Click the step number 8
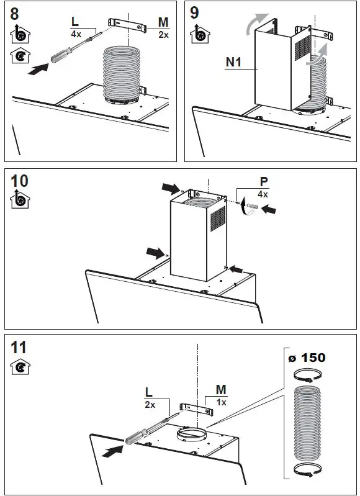click(x=14, y=14)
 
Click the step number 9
click(x=194, y=12)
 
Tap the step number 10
click(x=19, y=181)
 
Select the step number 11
click(x=19, y=348)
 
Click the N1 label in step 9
click(x=234, y=62)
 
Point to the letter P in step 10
click(x=264, y=182)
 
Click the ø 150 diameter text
click(x=307, y=358)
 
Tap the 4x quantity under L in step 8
click(x=76, y=34)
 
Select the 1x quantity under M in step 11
click(x=221, y=402)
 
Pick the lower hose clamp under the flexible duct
click(x=307, y=470)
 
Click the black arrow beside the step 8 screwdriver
click(x=38, y=69)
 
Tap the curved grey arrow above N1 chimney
click(x=256, y=24)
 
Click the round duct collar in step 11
click(x=192, y=434)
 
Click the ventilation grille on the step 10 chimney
click(x=218, y=218)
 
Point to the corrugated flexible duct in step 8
click(x=121, y=73)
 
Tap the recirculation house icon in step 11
click(x=20, y=367)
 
